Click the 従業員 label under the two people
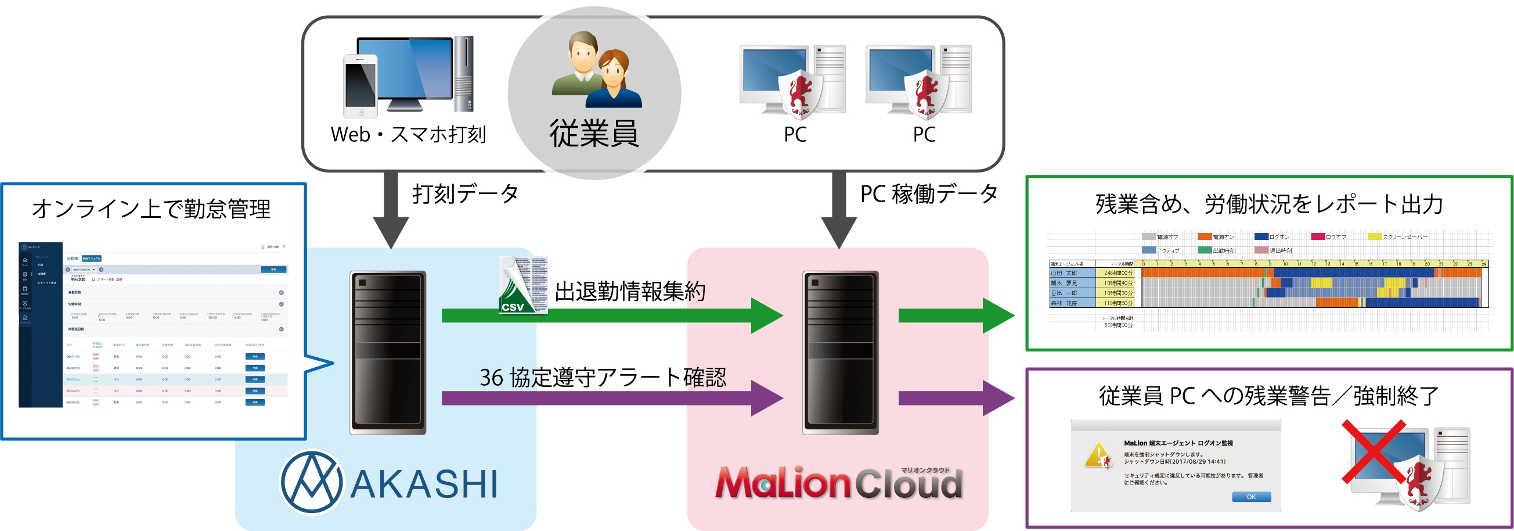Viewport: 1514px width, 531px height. click(x=594, y=134)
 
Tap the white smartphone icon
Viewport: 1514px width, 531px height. click(x=361, y=87)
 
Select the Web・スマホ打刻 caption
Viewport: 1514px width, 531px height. click(x=409, y=135)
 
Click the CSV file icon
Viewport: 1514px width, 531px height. click(x=522, y=285)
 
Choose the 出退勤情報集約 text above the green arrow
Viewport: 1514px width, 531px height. click(x=629, y=291)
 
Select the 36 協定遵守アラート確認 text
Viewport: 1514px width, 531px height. click(x=603, y=378)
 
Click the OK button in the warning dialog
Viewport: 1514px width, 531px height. click(x=1250, y=497)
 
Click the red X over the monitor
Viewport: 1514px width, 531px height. click(x=1374, y=451)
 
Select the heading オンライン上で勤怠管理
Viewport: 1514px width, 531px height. click(x=152, y=209)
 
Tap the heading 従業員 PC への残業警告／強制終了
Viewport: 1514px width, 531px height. click(x=1268, y=396)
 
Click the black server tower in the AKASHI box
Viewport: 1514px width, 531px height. click(x=388, y=352)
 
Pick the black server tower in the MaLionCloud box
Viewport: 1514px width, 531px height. click(x=841, y=352)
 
